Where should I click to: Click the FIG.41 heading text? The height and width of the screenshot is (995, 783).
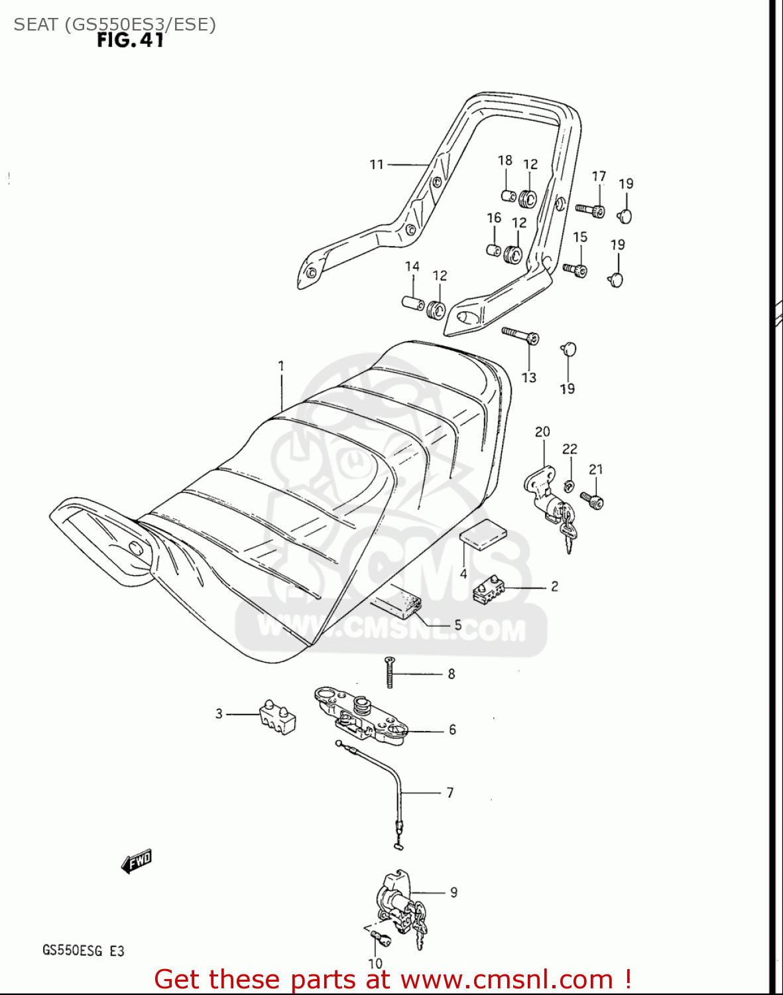(130, 40)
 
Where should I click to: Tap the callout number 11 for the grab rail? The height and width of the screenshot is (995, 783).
(377, 164)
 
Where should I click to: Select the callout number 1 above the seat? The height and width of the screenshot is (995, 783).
(281, 365)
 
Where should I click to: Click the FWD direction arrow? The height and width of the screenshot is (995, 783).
(137, 861)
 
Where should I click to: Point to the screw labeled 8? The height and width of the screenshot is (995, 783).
(389, 671)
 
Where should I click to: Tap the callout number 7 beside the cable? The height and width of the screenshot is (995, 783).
(450, 792)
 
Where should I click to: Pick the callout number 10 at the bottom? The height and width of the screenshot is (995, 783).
(375, 963)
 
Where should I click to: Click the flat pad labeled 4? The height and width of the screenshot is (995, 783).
(483, 535)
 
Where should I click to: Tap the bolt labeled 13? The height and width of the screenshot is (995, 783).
(520, 334)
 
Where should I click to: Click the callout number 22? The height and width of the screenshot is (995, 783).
(570, 449)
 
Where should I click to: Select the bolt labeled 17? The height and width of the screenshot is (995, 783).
(590, 210)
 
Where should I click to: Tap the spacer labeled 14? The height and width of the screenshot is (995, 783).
(414, 302)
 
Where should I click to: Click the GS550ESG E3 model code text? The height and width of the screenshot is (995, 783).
(83, 951)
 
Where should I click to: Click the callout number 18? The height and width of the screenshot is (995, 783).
(505, 160)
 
